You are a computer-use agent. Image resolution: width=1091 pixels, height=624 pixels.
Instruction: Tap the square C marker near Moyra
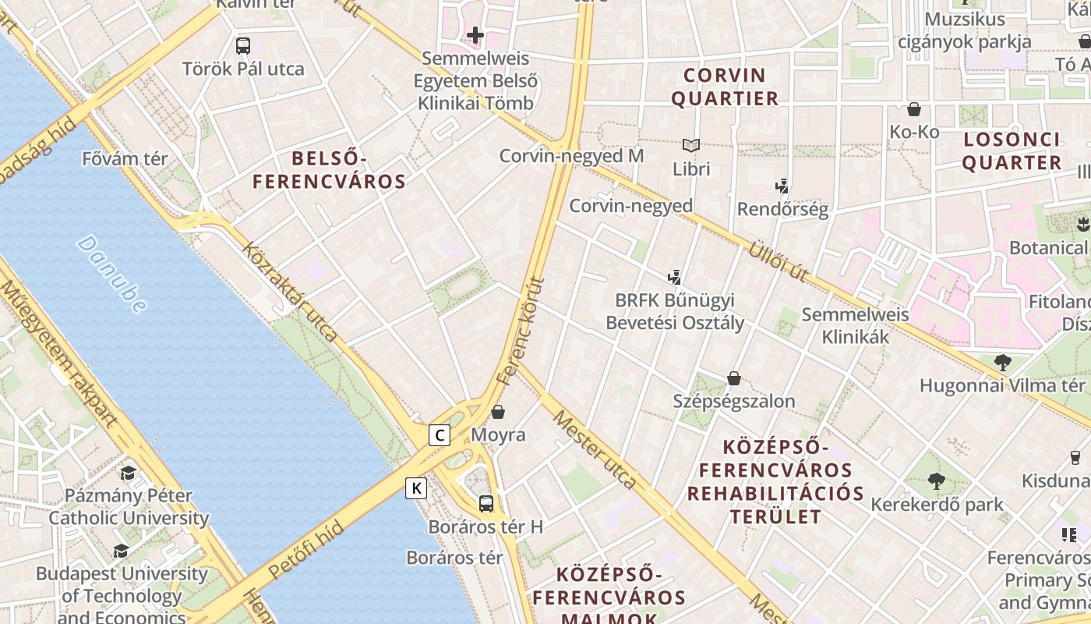(x=440, y=435)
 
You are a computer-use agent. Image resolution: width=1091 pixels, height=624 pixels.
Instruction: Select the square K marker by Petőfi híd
(x=417, y=489)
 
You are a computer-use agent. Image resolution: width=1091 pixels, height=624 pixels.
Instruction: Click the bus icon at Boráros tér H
(x=486, y=503)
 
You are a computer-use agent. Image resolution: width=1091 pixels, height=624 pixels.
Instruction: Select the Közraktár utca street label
(x=290, y=292)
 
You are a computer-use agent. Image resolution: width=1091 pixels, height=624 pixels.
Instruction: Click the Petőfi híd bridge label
(x=306, y=550)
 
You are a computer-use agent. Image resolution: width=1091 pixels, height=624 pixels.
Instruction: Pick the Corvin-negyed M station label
(x=571, y=156)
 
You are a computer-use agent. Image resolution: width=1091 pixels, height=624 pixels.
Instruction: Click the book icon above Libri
(x=691, y=145)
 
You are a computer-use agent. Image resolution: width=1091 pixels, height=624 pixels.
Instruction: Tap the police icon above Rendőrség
(x=782, y=186)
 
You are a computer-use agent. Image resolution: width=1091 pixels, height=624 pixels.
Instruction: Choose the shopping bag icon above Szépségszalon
(x=734, y=379)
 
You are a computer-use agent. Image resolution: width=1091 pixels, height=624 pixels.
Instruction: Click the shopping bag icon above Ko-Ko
(x=914, y=109)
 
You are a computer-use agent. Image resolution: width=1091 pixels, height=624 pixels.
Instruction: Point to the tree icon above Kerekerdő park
(x=937, y=481)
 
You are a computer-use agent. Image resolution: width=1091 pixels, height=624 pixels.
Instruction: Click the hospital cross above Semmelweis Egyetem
(x=475, y=35)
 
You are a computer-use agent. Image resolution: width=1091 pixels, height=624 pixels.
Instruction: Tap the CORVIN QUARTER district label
(x=725, y=87)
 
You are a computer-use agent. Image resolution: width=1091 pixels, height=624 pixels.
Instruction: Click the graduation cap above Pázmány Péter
(x=129, y=473)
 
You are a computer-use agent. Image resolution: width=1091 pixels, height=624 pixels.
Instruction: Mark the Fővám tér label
(x=125, y=159)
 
